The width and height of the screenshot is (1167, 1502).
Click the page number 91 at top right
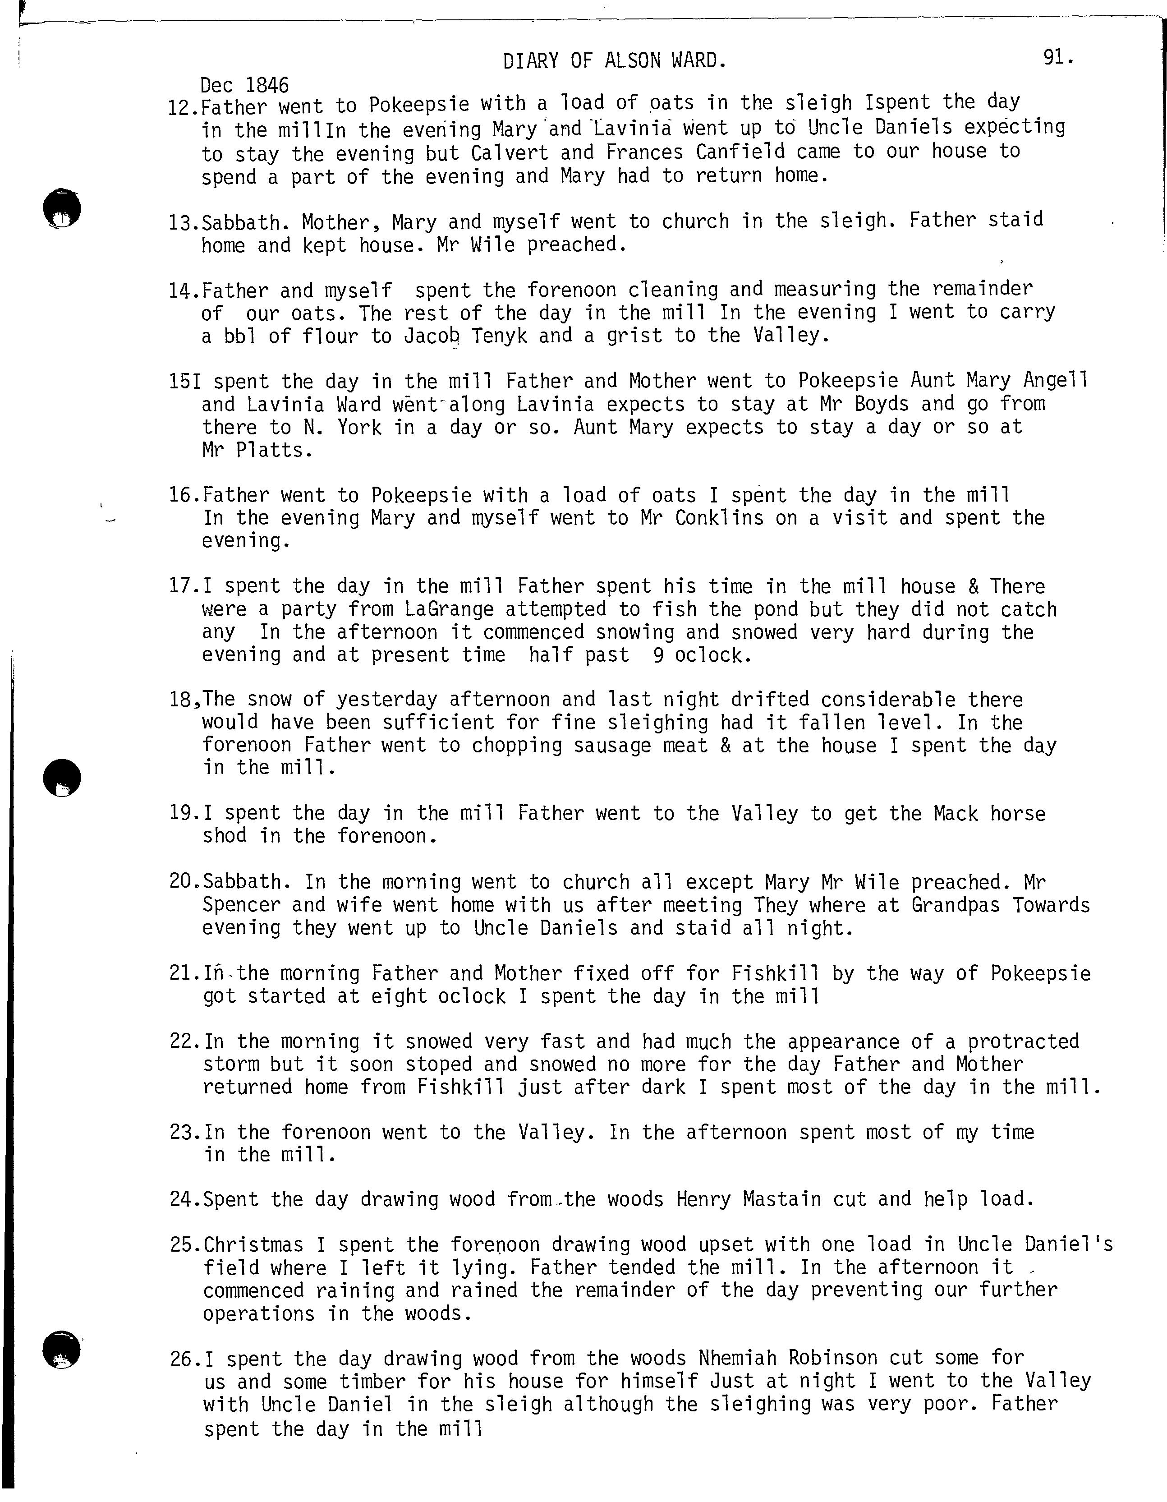pos(1056,58)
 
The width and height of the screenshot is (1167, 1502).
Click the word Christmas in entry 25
pos(254,1245)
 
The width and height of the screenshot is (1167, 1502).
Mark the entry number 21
pos(181,974)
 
